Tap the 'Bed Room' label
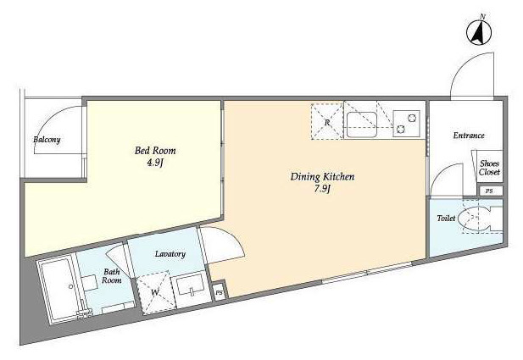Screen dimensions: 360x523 pos(155,151)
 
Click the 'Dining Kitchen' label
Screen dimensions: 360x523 pos(322,177)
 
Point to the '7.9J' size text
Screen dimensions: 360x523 pos(322,190)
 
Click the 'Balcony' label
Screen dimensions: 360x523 pos(47,140)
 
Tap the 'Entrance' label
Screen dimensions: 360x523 pos(468,136)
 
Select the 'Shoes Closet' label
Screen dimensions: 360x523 pos(489,168)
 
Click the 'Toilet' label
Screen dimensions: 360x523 pos(446,219)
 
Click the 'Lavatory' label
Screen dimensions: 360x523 pos(170,254)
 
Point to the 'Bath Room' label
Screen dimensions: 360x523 pos(112,277)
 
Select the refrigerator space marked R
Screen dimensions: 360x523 pos(327,122)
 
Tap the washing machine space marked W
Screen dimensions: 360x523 pos(155,295)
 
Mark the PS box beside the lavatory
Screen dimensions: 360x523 pos(219,292)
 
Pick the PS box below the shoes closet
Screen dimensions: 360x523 pos(488,191)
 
